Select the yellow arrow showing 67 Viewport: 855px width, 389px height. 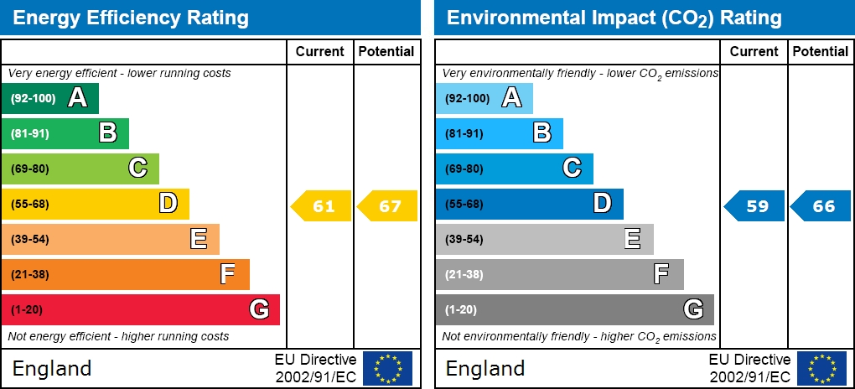pos(388,206)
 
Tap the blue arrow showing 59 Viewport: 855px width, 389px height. pos(754,206)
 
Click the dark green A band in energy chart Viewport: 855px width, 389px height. pos(50,98)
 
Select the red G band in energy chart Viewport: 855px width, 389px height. pos(140,309)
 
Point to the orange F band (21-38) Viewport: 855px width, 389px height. pos(126,274)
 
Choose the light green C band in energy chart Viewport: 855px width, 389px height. pos(80,169)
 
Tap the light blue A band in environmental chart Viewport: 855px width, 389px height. pos(484,98)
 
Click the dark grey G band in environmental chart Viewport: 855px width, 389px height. pos(574,309)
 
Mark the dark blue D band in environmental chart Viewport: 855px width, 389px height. pos(529,204)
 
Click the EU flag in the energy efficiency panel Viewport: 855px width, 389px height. pos(387,368)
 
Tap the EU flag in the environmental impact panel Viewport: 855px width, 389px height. pos(821,368)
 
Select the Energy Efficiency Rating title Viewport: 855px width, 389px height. pos(131,18)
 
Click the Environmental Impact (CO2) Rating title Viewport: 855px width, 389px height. pos(614,18)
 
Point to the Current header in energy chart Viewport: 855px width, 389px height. pos(320,51)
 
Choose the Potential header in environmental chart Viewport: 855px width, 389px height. pos(821,51)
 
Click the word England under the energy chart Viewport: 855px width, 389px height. pos(52,368)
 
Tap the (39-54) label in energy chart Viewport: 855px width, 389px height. pos(30,239)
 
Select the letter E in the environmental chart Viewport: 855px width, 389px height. pos(632,239)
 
